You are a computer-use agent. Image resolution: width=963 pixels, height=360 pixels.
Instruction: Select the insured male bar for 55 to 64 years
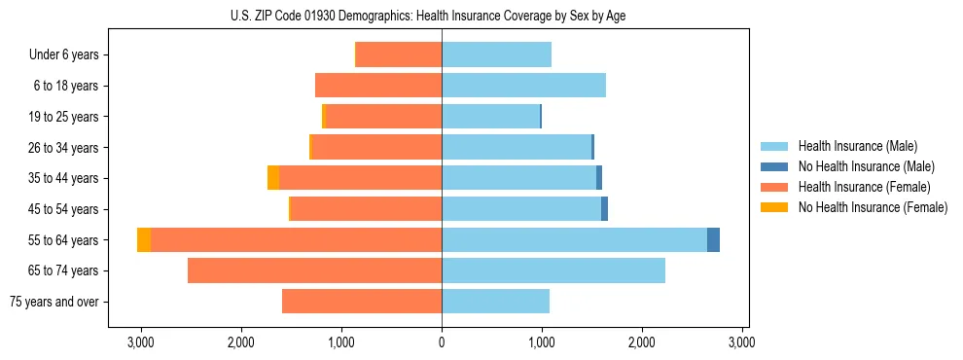574,239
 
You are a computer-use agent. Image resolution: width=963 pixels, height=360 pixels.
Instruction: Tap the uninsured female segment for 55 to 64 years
144,239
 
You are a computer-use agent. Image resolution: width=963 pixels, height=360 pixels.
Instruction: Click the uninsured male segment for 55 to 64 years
713,239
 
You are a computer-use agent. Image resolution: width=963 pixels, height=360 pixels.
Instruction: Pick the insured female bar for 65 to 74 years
314,270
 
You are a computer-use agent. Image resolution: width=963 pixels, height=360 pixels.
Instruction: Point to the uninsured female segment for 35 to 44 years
273,178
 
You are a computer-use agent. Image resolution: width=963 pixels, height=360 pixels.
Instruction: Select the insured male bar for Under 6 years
496,54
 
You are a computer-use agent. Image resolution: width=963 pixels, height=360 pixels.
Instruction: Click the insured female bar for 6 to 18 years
378,86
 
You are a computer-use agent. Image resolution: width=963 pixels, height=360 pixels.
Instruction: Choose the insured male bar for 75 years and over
495,302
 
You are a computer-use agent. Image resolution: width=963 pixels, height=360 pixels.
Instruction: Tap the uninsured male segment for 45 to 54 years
604,209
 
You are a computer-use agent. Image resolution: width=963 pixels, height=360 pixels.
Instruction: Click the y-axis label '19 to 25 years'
64,117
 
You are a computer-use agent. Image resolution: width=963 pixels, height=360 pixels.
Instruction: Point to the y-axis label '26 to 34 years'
64,148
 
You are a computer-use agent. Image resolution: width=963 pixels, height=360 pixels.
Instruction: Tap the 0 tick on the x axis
442,342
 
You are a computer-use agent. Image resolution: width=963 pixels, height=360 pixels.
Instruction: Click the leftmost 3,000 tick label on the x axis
141,342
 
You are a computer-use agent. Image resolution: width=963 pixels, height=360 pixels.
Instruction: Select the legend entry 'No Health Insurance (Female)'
873,207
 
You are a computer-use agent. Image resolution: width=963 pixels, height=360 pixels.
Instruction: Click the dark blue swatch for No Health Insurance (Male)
774,166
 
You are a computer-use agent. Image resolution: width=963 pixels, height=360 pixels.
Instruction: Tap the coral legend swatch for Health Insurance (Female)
774,187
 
